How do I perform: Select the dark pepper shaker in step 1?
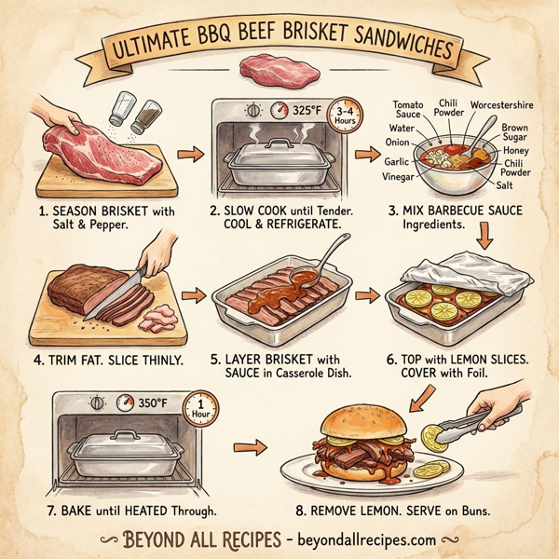point(146,116)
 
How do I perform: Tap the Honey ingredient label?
point(515,150)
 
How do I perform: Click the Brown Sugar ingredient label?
point(514,131)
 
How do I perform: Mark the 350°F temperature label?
point(152,404)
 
